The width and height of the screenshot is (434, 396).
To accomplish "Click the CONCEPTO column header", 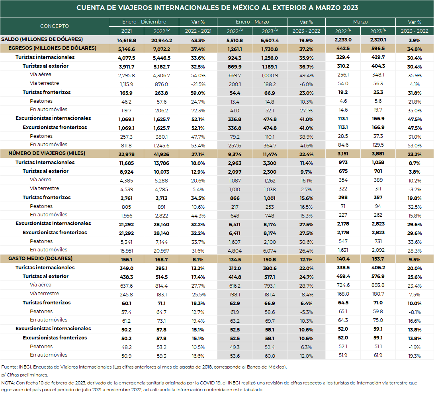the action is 54,26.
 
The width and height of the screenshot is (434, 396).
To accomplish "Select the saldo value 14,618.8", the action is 127,40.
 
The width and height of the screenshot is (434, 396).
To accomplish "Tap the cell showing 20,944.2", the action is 162,40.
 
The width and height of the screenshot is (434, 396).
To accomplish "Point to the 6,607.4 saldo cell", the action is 270,40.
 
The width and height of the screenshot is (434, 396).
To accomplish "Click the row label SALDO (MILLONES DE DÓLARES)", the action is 42,39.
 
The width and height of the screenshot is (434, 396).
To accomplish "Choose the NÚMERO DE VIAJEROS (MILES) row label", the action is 47,153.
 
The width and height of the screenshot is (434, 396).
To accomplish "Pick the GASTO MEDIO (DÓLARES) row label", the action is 40,259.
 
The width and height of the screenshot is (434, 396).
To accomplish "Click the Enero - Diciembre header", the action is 144,22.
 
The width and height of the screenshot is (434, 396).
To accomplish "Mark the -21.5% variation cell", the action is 198,84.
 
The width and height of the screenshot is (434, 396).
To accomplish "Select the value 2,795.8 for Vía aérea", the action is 127,75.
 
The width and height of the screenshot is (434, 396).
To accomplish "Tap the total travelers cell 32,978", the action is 127,154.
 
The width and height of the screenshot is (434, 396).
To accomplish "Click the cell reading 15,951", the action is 127,251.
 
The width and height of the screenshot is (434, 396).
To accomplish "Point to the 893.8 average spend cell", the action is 378,285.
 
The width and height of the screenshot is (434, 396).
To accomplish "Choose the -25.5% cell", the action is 198,295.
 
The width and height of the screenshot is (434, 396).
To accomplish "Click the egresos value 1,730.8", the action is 270,49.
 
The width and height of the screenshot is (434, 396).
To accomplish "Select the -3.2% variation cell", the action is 414,189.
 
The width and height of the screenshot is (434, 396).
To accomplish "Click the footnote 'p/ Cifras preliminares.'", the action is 25,375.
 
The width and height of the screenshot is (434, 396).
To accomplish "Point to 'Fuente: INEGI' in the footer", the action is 16,367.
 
